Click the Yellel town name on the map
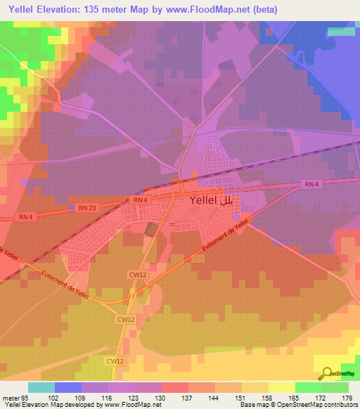tap(204, 200)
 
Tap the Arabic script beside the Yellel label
tap(229, 200)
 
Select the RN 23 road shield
tap(86, 207)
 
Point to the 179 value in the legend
tap(347, 397)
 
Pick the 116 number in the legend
tap(107, 397)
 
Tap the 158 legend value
tap(267, 397)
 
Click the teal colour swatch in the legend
tap(41, 387)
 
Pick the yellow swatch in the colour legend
tap(282, 387)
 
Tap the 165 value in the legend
tap(294, 397)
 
